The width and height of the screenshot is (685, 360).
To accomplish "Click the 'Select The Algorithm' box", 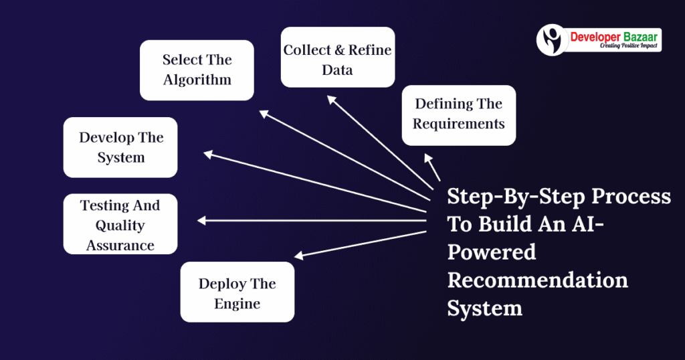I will pyautogui.click(x=197, y=70).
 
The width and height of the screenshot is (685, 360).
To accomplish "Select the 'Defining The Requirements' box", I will pyautogui.click(x=458, y=115).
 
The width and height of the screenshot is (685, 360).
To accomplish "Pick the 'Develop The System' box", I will pyautogui.click(x=120, y=147).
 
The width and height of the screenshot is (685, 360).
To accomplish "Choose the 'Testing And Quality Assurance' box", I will pyautogui.click(x=120, y=224).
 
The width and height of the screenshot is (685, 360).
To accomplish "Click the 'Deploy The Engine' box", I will pyautogui.click(x=237, y=292).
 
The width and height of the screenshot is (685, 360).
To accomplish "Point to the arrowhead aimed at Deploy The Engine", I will pyautogui.click(x=300, y=255).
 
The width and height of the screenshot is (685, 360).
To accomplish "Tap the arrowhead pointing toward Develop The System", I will pyautogui.click(x=208, y=155).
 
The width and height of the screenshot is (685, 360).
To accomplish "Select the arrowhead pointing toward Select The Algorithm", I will pyautogui.click(x=264, y=114).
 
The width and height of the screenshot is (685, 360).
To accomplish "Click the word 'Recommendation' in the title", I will pyautogui.click(x=537, y=279).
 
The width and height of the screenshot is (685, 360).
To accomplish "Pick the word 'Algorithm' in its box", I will pyautogui.click(x=197, y=80).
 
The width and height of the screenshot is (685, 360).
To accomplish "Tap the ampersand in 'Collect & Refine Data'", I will pyautogui.click(x=338, y=50).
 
